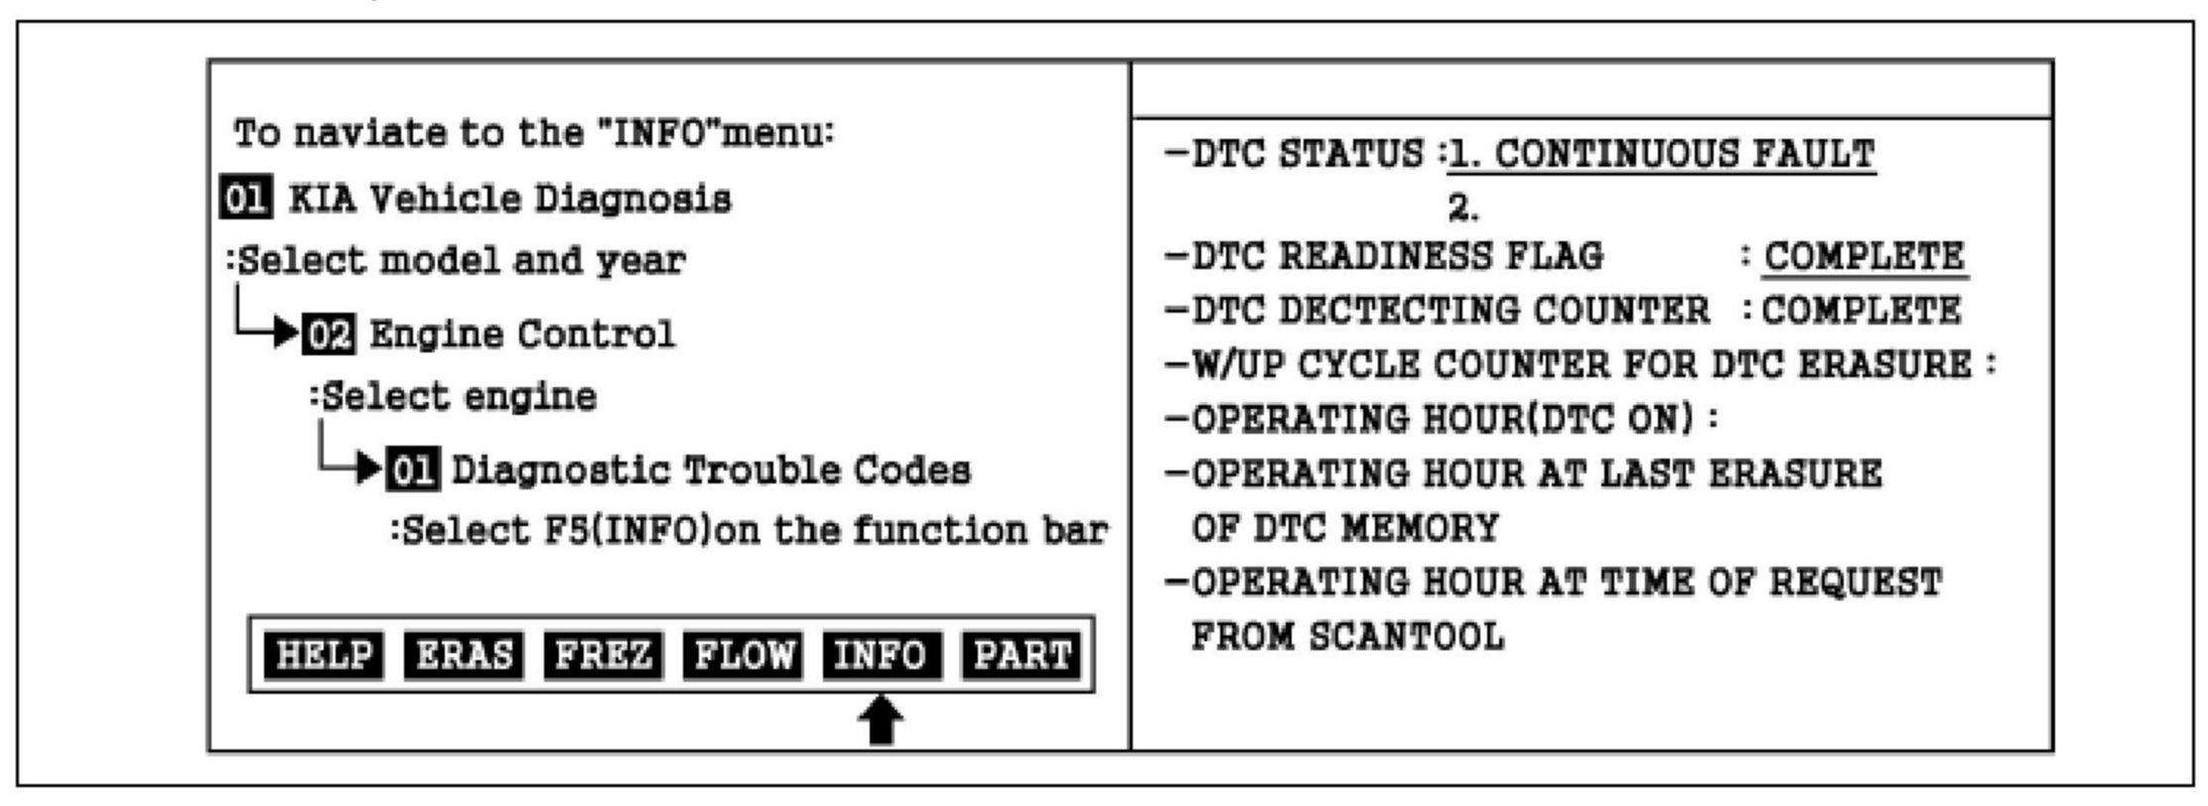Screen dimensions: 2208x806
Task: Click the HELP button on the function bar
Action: click(x=324, y=655)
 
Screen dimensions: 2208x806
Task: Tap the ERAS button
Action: click(x=464, y=655)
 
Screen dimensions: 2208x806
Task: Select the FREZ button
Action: click(x=603, y=655)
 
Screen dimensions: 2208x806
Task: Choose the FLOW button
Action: click(x=743, y=655)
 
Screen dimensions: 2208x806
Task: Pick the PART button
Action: click(x=1022, y=655)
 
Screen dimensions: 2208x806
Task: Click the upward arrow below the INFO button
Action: click(x=881, y=722)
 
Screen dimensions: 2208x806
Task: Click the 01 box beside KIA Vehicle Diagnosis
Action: click(x=244, y=199)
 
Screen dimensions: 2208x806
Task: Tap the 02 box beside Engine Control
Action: click(x=329, y=334)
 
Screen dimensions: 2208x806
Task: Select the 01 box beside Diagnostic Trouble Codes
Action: click(x=412, y=470)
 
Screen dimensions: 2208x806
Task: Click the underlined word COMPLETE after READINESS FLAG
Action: click(x=1863, y=257)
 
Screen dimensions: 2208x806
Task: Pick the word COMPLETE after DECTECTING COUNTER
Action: click(x=1862, y=311)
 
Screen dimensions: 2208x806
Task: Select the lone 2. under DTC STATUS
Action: click(x=1463, y=207)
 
